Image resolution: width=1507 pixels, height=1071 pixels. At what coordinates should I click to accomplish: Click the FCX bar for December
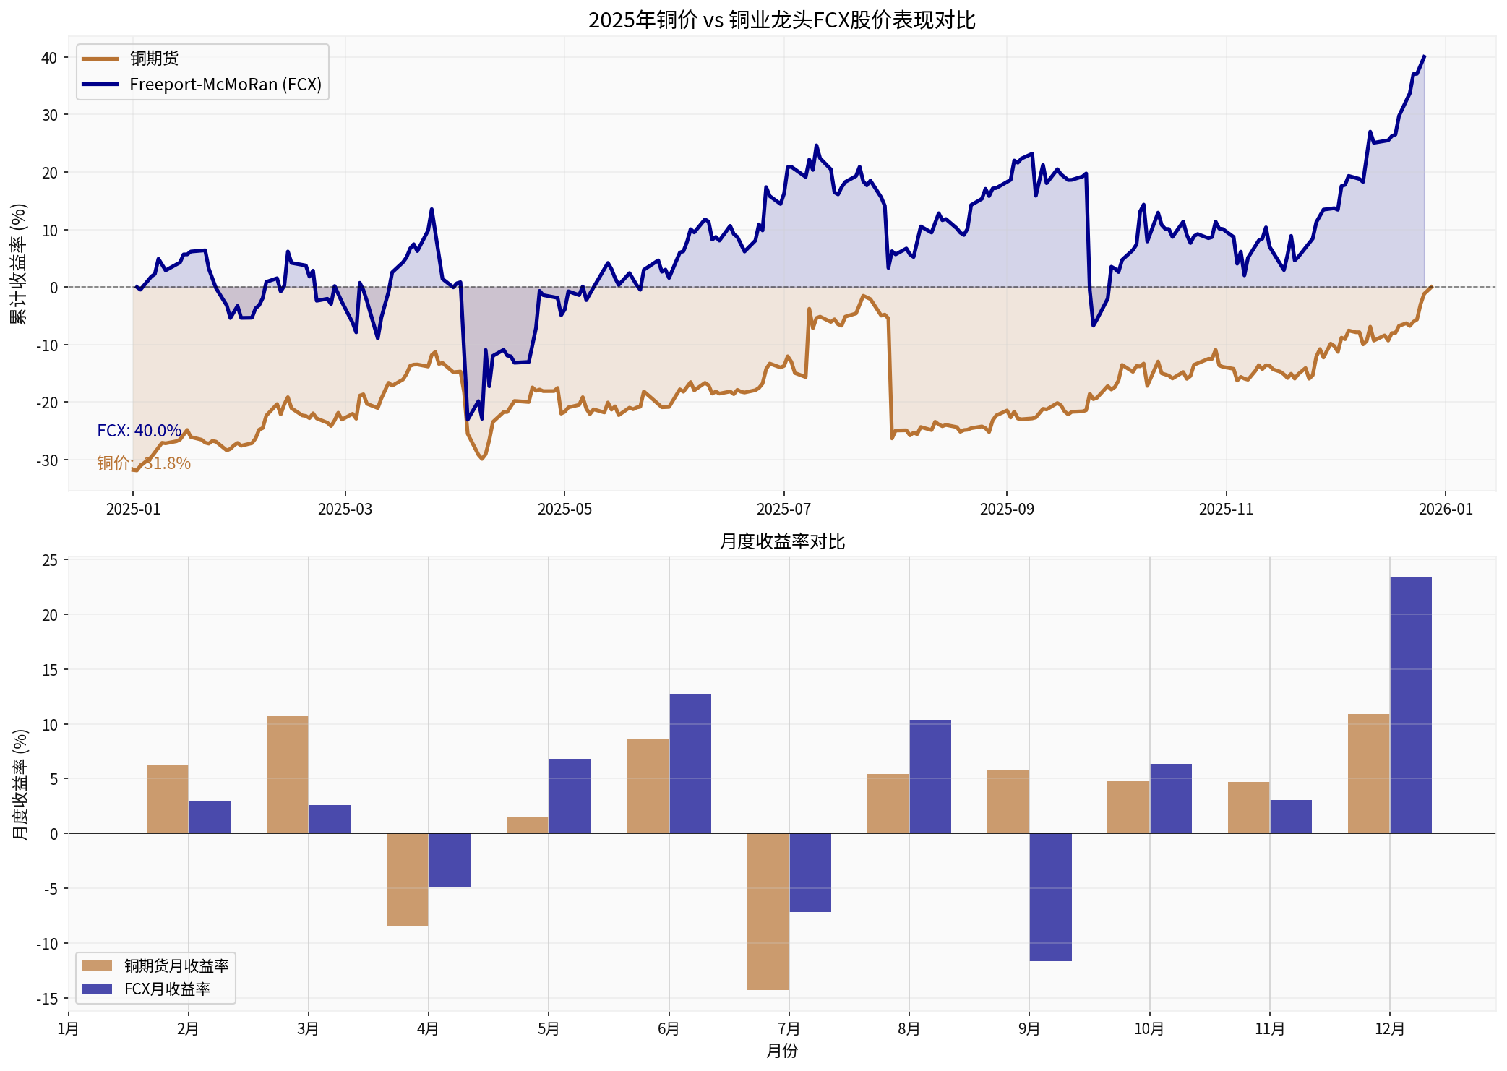1410,705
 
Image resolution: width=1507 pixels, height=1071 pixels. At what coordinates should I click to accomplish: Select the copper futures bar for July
768,911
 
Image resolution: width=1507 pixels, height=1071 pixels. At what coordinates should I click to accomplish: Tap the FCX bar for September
1050,897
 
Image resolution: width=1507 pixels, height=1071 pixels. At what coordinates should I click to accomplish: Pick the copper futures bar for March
287,775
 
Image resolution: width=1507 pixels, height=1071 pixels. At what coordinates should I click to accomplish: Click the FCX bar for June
690,764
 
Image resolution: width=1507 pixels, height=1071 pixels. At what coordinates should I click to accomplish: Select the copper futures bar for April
407,879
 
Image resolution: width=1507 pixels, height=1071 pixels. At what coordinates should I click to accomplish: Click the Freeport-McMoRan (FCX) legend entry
225,85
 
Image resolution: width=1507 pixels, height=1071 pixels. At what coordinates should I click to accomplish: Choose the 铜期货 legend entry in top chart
154,59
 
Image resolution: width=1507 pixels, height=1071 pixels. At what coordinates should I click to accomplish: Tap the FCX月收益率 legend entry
167,989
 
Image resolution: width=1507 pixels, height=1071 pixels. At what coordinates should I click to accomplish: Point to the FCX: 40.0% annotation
139,431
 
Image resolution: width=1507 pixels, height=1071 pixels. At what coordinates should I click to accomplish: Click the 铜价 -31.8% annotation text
144,463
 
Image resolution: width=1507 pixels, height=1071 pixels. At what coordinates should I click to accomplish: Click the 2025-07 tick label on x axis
783,509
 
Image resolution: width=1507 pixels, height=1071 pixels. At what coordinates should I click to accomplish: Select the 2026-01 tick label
1445,509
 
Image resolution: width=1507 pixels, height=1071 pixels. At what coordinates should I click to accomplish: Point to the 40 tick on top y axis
49,58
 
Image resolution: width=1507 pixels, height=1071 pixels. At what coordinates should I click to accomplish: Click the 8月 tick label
909,1029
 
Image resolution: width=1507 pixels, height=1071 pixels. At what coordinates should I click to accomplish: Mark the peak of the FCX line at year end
1424,56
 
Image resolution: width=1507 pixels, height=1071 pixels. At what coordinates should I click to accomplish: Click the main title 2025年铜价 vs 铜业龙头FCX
781,20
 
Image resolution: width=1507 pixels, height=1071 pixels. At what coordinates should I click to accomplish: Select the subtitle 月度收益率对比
781,542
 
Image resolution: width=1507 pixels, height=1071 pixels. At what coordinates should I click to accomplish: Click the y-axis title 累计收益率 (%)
19,264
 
